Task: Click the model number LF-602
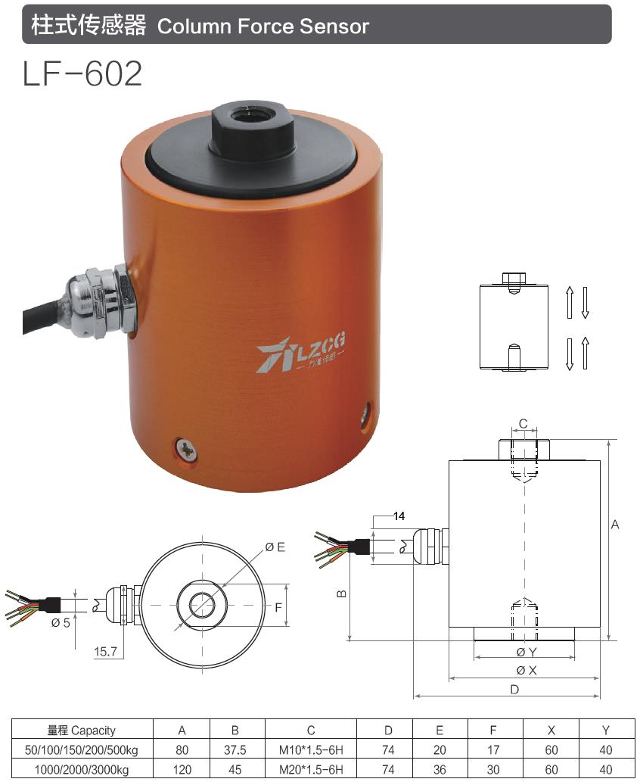click(x=82, y=74)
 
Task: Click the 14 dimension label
click(x=399, y=516)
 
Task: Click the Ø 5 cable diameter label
click(x=61, y=622)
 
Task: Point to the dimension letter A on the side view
click(x=615, y=525)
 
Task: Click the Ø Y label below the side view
click(x=526, y=652)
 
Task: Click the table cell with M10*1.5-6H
click(x=310, y=750)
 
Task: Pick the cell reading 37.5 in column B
click(x=235, y=750)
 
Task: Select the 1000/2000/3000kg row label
click(x=81, y=769)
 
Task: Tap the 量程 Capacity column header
click(x=81, y=731)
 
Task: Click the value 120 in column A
click(x=182, y=769)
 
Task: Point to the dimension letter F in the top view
click(x=278, y=606)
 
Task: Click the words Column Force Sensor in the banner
click(x=263, y=26)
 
